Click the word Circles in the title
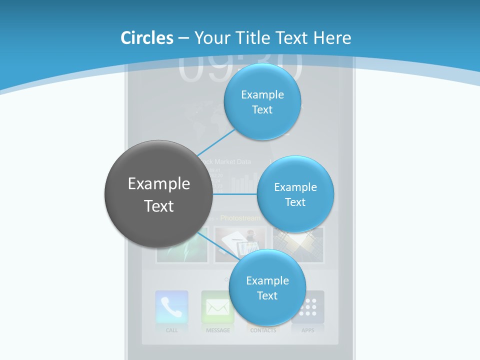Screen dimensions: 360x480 [146, 38]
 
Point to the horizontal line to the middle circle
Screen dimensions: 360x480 [235, 194]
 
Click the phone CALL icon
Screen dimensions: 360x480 [171, 307]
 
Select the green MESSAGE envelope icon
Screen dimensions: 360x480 [217, 307]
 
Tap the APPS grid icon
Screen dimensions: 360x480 [308, 307]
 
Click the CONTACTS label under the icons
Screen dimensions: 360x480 [263, 330]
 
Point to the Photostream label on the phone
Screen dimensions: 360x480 [240, 218]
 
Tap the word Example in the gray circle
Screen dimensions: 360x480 [159, 184]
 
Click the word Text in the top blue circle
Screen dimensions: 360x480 [262, 110]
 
